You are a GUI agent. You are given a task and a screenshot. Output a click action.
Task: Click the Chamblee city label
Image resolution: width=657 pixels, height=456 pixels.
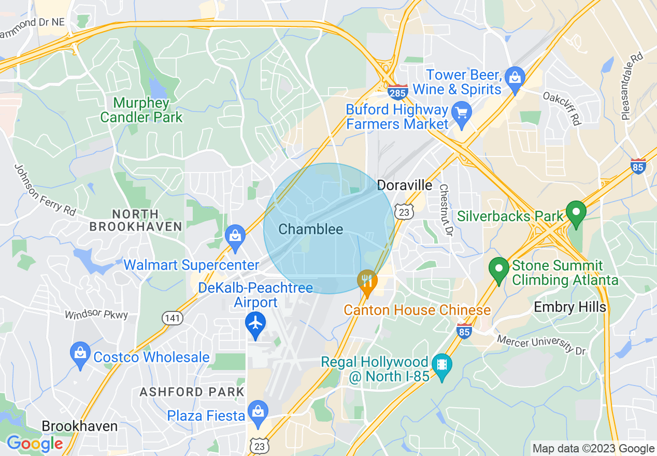(x=310, y=229)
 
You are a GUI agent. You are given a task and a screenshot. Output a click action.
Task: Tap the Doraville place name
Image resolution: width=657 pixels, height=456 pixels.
(x=404, y=185)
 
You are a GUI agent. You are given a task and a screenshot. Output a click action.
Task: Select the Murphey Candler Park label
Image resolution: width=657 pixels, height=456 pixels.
(x=141, y=110)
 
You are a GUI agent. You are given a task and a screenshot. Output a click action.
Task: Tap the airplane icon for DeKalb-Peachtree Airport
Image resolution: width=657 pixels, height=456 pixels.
(x=255, y=323)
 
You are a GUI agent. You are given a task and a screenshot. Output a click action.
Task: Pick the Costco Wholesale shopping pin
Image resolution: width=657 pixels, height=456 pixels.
(x=80, y=353)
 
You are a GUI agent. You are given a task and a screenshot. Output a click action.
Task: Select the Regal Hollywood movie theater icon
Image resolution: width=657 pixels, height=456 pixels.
(x=441, y=365)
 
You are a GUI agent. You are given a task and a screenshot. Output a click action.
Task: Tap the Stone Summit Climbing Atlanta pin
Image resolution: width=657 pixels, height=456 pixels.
(x=499, y=269)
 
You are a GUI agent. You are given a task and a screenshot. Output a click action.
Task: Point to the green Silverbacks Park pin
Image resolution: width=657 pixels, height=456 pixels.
(x=575, y=212)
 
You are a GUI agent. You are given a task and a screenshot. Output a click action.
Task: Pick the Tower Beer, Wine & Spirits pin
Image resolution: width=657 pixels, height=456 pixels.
(x=515, y=78)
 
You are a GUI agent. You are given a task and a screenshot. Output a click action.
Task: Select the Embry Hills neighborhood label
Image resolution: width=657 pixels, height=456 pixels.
(x=569, y=307)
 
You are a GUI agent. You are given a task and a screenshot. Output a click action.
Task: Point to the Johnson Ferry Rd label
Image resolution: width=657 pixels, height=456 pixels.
(x=45, y=190)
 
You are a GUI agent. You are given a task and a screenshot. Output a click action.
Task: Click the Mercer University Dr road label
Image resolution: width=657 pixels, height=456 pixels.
(x=541, y=345)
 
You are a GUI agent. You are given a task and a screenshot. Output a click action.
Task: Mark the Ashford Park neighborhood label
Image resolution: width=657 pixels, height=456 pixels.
(x=192, y=392)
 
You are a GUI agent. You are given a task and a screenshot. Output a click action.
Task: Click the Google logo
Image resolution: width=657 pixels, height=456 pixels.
(x=35, y=444)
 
